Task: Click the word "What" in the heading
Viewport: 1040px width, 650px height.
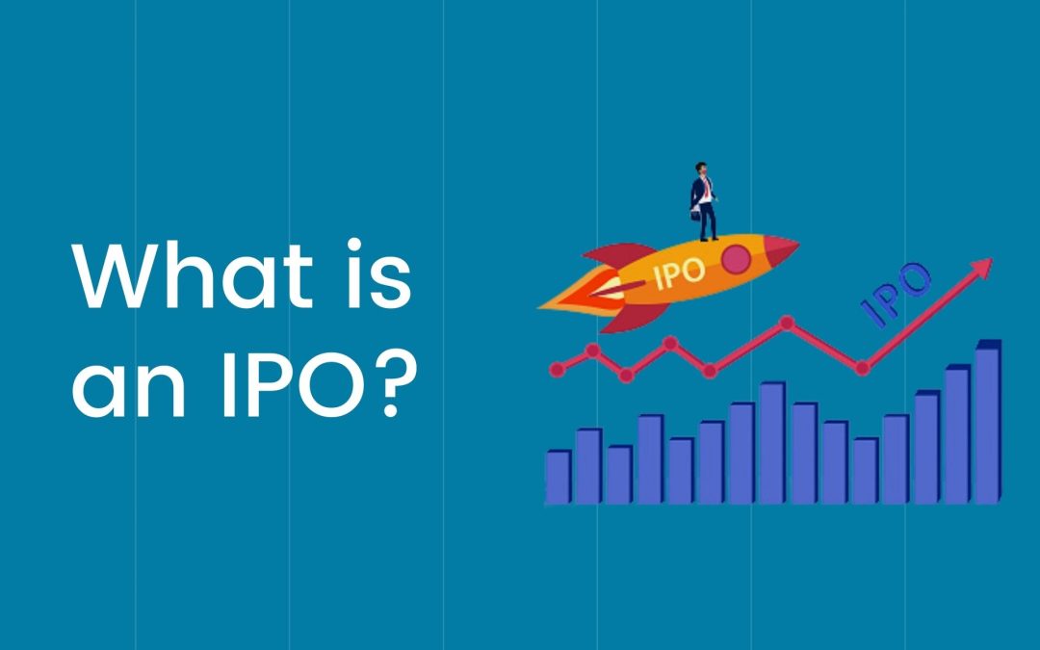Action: [x=193, y=275]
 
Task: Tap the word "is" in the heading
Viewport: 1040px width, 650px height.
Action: [x=379, y=273]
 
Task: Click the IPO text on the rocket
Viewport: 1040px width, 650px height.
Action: [x=679, y=273]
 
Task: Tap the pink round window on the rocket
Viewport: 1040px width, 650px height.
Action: [x=736, y=259]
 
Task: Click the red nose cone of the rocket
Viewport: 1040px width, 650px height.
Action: [x=781, y=248]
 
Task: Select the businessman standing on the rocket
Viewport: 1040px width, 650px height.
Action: [x=704, y=201]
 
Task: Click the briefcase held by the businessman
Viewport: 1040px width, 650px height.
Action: [x=695, y=215]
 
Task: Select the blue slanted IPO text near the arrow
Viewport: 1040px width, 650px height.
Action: [x=896, y=295]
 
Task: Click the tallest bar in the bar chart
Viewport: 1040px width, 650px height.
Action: [x=988, y=422]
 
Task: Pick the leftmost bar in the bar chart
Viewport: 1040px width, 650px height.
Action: [x=559, y=478]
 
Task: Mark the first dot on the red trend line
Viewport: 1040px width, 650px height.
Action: [x=558, y=370]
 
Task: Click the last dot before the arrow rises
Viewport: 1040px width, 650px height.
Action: [x=862, y=368]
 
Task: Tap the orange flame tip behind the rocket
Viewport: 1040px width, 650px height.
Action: [x=545, y=306]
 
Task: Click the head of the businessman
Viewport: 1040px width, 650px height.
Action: [x=701, y=168]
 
